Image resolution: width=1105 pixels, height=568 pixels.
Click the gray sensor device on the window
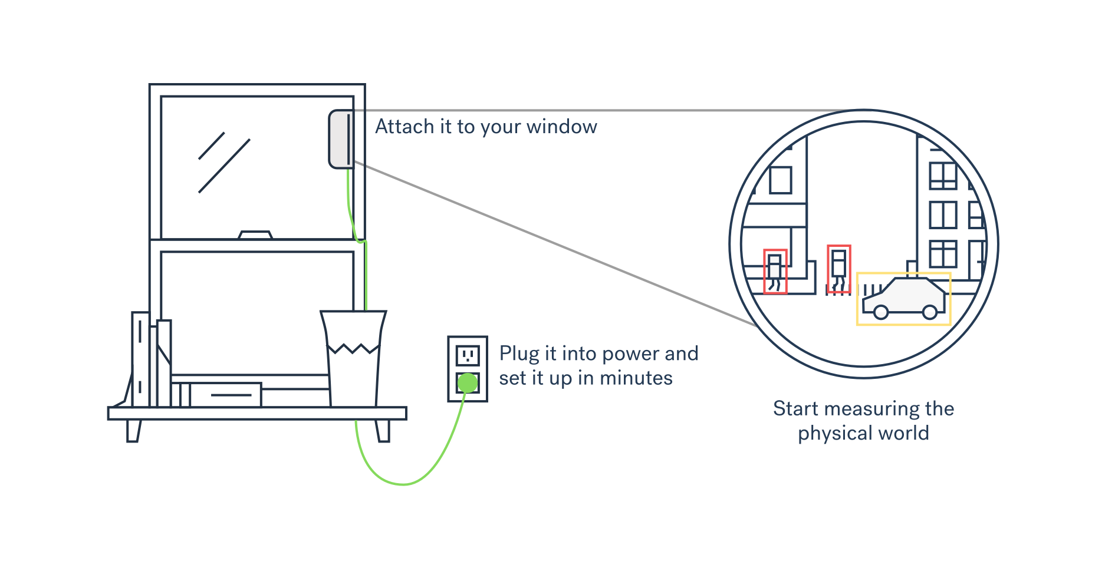point(340,139)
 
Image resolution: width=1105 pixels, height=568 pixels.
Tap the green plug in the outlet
point(468,383)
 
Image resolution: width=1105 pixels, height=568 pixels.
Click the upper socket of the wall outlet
point(468,355)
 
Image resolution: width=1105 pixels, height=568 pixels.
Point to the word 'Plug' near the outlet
point(519,354)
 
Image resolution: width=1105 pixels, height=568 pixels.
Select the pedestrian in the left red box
point(775,271)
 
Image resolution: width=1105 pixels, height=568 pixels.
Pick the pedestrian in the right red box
point(838,269)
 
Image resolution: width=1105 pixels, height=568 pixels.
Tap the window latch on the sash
point(255,235)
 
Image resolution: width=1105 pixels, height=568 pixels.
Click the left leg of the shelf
point(134,431)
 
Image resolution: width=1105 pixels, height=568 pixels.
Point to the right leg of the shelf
point(383,431)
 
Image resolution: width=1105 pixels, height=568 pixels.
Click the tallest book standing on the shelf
point(140,359)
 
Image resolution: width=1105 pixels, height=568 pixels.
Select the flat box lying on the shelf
point(226,395)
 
